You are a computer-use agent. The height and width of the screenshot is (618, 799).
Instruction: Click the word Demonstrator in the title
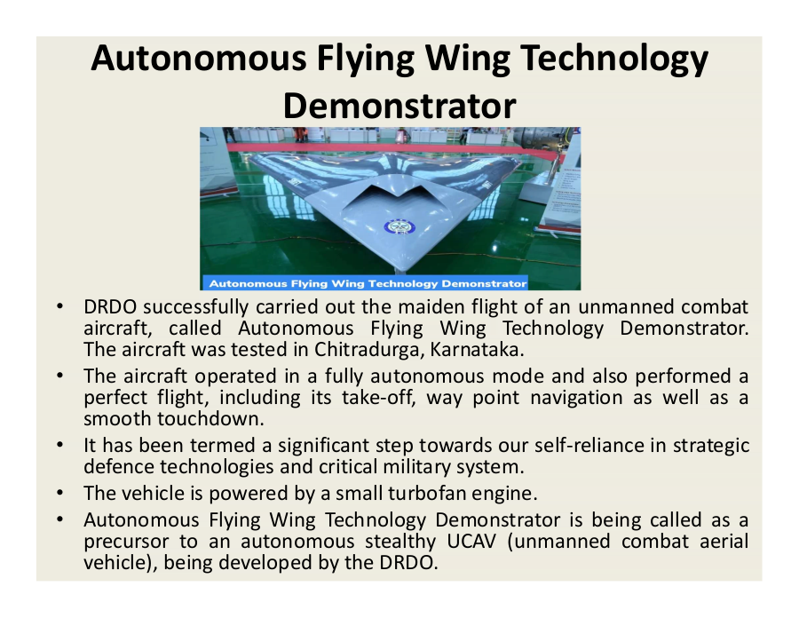pyautogui.click(x=399, y=106)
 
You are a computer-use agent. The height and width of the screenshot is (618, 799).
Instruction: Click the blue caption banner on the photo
pyautogui.click(x=366, y=283)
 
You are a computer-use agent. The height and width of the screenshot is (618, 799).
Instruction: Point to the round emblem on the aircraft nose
pyautogui.click(x=399, y=227)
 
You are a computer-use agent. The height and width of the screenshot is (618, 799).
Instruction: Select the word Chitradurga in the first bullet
pyautogui.click(x=369, y=350)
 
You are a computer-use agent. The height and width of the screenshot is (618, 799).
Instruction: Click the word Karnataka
pyautogui.click(x=477, y=350)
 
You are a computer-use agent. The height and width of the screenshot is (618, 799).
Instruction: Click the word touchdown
pyautogui.click(x=211, y=419)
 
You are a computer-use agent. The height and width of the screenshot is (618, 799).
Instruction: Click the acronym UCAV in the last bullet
pyautogui.click(x=471, y=541)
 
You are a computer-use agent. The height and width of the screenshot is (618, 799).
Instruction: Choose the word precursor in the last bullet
pyautogui.click(x=126, y=541)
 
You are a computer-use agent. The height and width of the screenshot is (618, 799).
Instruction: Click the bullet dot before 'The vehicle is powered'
pyautogui.click(x=60, y=493)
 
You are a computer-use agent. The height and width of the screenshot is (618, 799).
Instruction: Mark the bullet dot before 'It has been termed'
pyautogui.click(x=60, y=445)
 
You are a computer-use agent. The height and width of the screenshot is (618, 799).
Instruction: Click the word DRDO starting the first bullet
pyautogui.click(x=110, y=306)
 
